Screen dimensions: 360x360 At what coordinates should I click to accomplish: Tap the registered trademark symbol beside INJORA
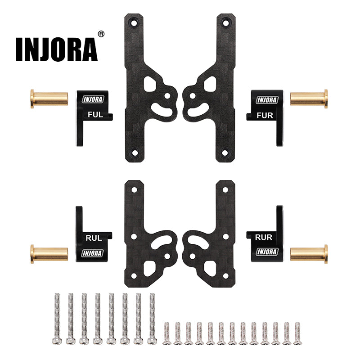point(101,34)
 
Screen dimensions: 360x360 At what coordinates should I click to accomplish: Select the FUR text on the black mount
point(264,115)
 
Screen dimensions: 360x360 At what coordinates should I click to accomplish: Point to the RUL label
point(93,238)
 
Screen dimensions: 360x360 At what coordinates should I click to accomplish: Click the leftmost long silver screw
point(57,320)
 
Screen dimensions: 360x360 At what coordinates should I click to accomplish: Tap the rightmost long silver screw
point(152,320)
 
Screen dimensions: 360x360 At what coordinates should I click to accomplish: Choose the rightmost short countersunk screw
point(297,333)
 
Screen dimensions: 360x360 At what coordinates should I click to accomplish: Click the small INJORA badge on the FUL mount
point(93,100)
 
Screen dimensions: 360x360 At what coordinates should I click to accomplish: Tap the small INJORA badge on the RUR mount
point(267,251)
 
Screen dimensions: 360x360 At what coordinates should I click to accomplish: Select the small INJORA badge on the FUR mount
point(267,100)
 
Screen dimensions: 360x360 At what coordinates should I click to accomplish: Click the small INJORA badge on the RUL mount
point(93,253)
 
